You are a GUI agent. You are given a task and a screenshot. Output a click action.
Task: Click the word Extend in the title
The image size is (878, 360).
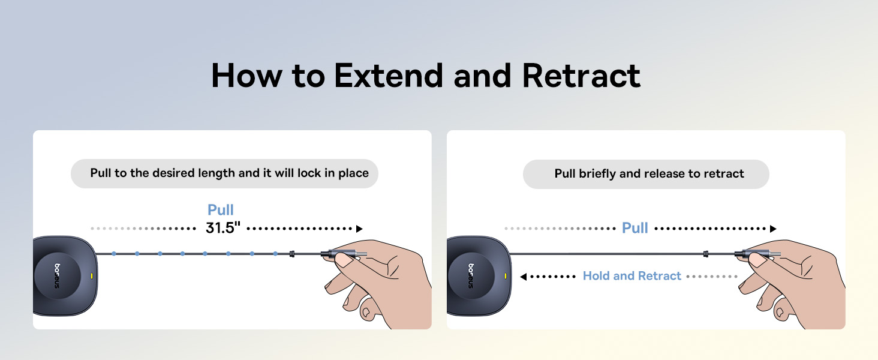pos(389,75)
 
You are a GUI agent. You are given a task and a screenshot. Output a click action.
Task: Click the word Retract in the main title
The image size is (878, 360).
pos(581,75)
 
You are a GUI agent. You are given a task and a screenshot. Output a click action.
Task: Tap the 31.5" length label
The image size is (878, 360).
pos(222,228)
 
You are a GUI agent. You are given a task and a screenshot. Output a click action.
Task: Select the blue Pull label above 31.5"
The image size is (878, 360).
pos(220,210)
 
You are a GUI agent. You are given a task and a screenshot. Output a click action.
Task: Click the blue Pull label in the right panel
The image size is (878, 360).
pos(635,228)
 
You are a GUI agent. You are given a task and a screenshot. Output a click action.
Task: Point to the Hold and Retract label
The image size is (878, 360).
pos(632,276)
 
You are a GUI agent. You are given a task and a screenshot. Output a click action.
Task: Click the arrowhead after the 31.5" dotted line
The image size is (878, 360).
pos(359,229)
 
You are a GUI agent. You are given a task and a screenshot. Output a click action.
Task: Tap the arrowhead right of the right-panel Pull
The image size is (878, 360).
pos(773,229)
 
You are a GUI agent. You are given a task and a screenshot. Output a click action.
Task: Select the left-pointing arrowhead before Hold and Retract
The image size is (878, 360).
pos(524,277)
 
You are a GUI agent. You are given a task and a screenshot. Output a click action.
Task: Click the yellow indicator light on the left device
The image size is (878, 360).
pos(92,276)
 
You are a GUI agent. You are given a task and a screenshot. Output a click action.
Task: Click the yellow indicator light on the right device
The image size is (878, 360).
pos(505,276)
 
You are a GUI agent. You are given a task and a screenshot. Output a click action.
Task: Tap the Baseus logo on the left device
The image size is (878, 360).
pos(57,275)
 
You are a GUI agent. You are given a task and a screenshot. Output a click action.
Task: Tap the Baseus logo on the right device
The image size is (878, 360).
pos(471,275)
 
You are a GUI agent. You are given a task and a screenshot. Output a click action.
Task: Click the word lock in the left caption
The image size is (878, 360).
pos(309,173)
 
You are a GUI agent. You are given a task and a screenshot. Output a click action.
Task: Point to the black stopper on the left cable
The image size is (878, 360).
pos(291,254)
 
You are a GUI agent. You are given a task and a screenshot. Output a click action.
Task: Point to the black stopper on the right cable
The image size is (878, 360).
pos(705,254)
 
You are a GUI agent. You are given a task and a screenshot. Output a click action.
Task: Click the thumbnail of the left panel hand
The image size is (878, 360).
pos(344,260)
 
